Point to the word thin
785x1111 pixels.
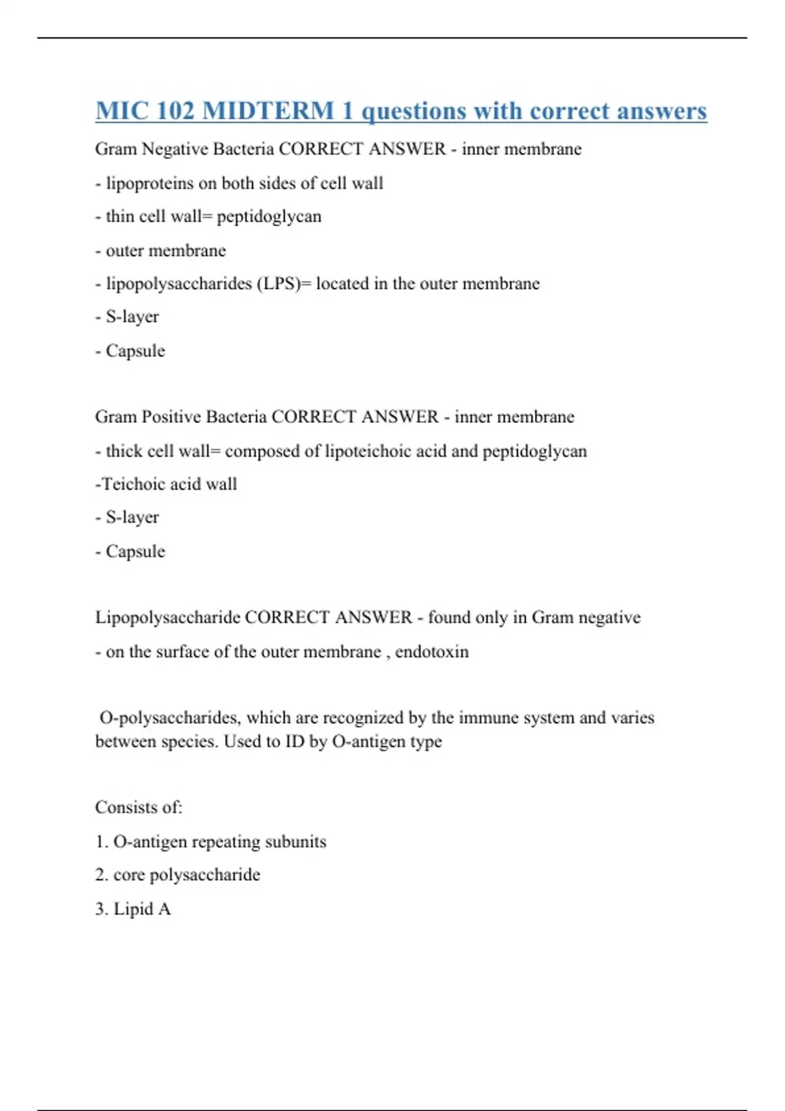(x=120, y=216)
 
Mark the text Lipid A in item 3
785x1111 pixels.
(x=142, y=909)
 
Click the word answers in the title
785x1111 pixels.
(x=661, y=111)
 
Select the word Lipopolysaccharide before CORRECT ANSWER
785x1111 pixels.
(x=167, y=618)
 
